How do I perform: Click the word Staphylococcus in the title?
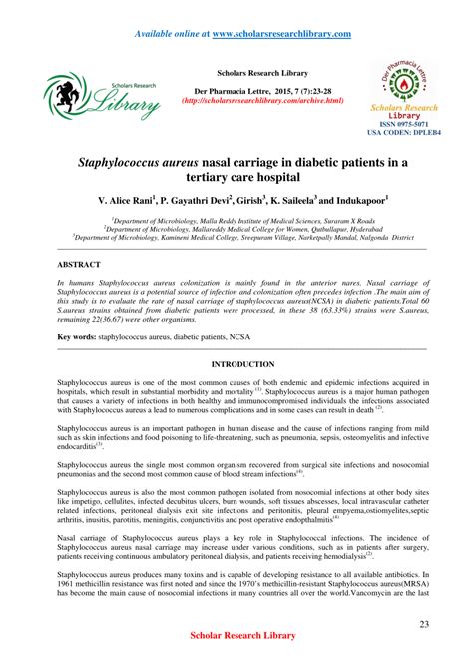tap(140, 159)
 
